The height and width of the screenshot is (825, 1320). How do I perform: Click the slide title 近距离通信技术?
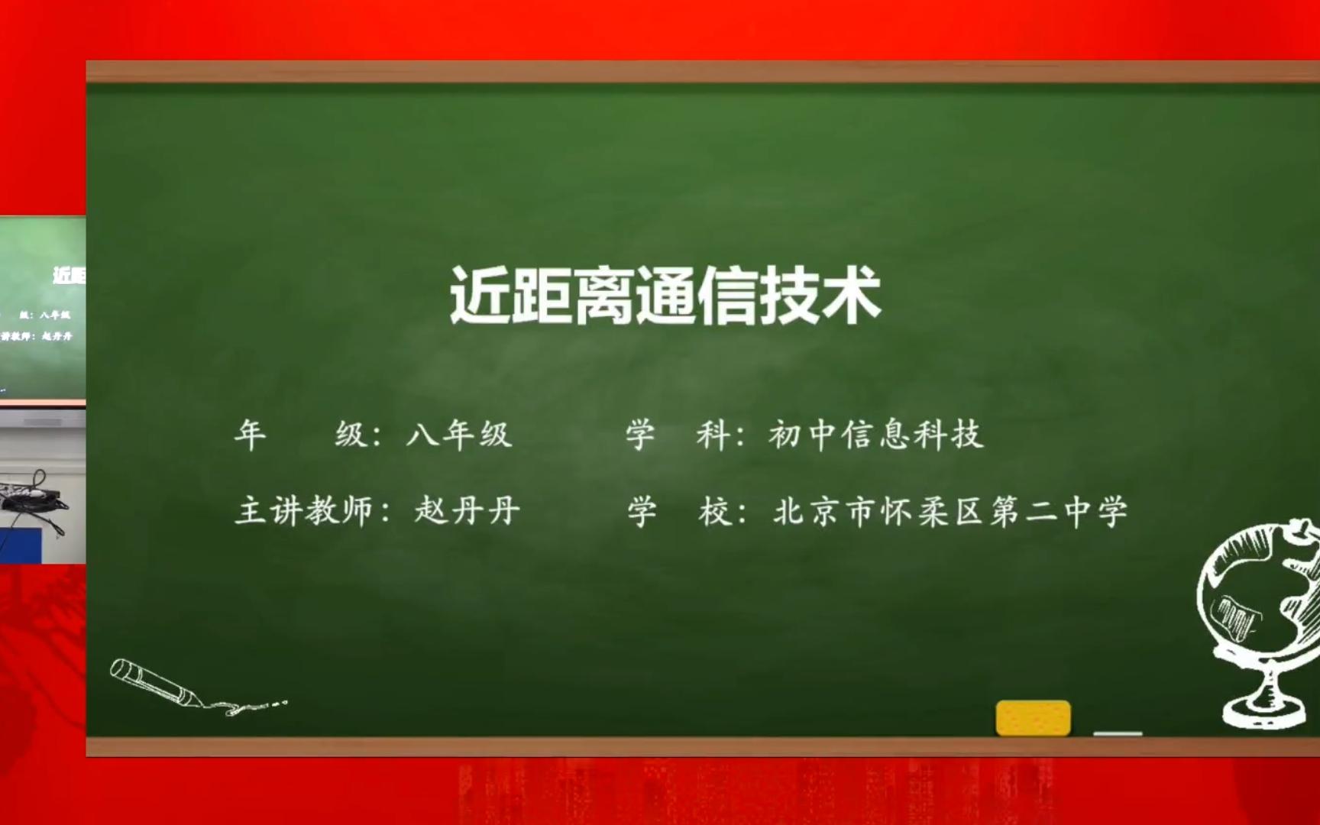coord(665,296)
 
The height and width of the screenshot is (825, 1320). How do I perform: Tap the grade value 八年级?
coord(458,435)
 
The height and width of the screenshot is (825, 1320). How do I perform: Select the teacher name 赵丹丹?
coord(467,511)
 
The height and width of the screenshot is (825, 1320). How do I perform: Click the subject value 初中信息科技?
coord(875,435)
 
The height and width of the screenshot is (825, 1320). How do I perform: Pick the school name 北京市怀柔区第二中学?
coord(950,512)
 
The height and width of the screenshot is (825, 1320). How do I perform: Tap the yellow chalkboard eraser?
coord(1033,718)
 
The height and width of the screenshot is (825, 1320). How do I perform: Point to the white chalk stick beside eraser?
coord(1118,733)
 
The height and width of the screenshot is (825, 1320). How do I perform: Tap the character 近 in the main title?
coord(479,296)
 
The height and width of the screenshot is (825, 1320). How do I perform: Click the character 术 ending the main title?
coord(850,296)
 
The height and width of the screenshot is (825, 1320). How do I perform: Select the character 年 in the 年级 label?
coord(251,435)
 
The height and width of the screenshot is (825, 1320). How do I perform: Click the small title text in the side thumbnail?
coord(70,275)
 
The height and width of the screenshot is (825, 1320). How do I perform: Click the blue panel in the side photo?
coord(21,546)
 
